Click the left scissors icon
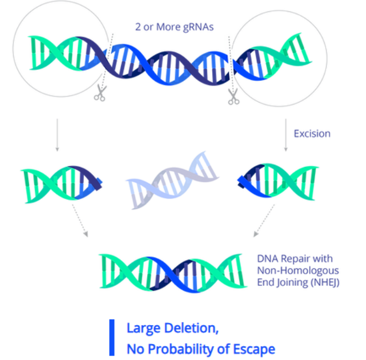(x=100, y=93)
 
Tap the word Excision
(x=312, y=133)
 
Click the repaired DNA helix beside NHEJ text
(x=173, y=271)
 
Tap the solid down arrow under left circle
(x=57, y=131)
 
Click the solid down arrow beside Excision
(x=286, y=131)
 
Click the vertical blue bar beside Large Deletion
(x=111, y=338)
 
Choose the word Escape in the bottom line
(x=255, y=349)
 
